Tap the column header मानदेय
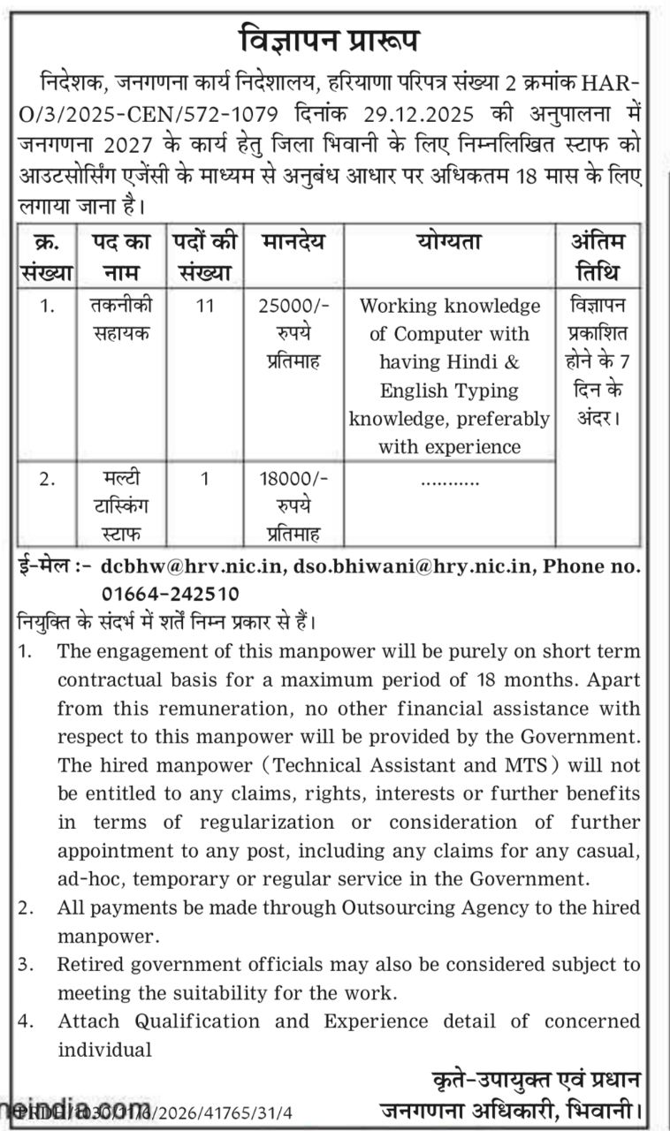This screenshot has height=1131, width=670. (x=293, y=242)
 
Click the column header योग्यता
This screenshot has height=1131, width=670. (x=449, y=242)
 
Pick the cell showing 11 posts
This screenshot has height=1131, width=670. (x=205, y=307)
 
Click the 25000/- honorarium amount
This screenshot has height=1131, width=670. (x=293, y=307)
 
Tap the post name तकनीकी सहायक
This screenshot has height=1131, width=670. (x=121, y=320)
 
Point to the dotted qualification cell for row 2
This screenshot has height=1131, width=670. (x=450, y=482)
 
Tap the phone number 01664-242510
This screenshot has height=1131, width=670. (x=169, y=594)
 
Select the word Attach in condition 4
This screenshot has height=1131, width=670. (x=90, y=1021)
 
